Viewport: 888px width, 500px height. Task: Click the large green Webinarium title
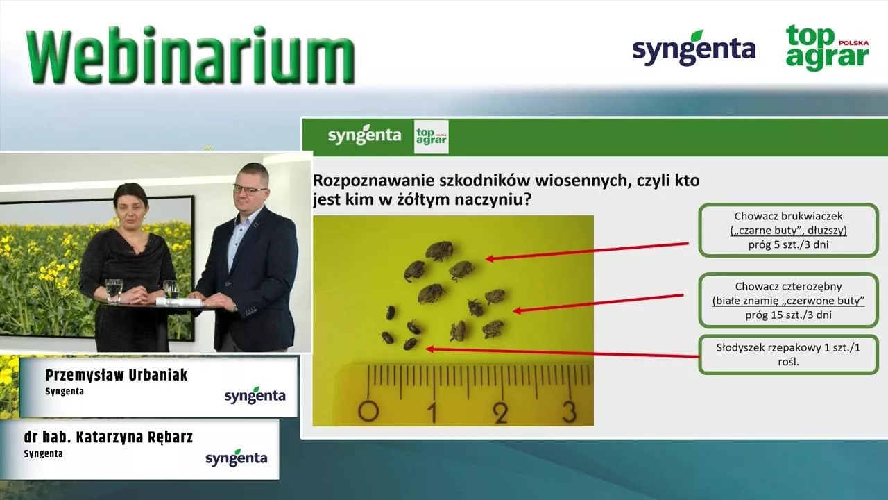pos(190,55)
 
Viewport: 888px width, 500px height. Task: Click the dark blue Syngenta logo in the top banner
pos(694,49)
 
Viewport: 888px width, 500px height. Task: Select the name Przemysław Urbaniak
pos(116,375)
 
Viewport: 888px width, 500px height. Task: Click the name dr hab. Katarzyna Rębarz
pos(108,437)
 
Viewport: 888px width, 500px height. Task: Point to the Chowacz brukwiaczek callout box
pos(789,230)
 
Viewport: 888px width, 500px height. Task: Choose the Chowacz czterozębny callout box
pos(789,301)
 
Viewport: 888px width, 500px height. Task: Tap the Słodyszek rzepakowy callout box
pos(789,355)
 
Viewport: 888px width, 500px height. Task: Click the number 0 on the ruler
pos(368,412)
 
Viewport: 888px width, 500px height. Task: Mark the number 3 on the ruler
pos(570,412)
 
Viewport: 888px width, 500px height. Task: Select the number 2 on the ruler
pos(502,412)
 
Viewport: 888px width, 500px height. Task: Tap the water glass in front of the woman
pos(114,291)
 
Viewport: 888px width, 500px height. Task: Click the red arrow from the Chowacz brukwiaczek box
pos(587,251)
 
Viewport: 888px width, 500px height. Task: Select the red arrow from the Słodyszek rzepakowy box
pos(562,352)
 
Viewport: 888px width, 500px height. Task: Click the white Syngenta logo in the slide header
pos(364,135)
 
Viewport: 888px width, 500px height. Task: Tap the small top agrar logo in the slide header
pos(432,137)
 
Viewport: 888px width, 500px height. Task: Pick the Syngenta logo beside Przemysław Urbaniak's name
pos(255,395)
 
